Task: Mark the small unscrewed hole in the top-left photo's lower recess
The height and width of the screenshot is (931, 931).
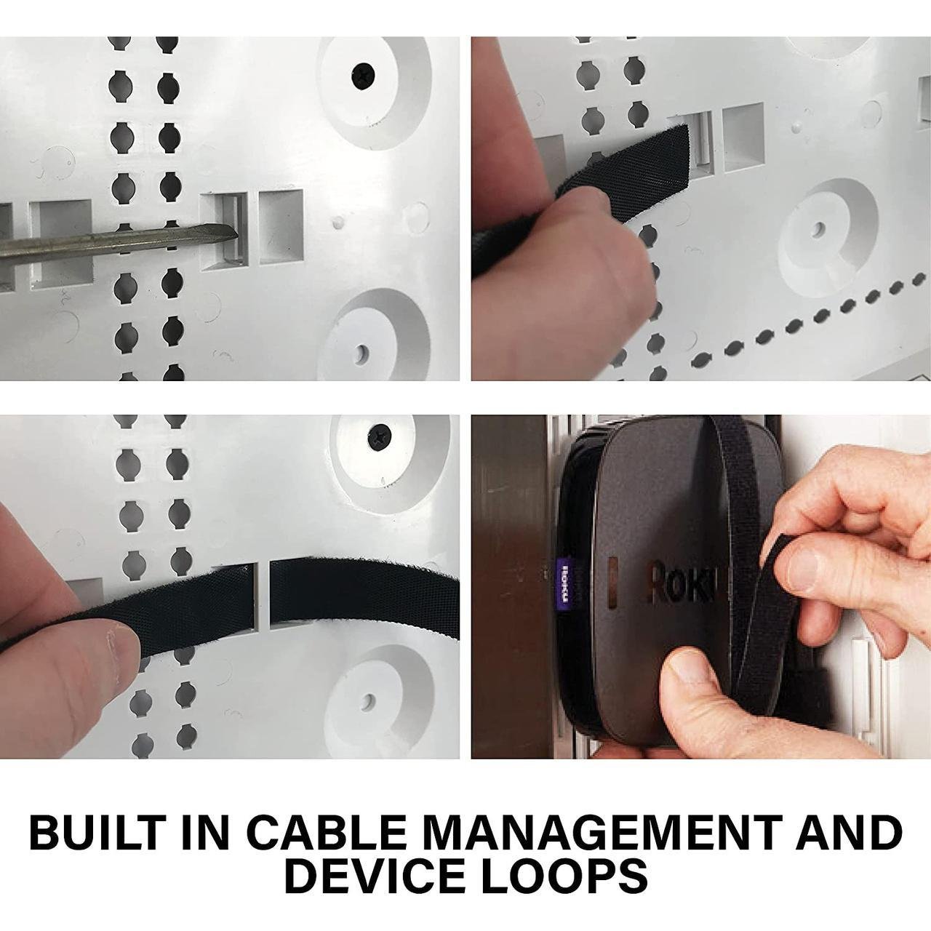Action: pos(361,353)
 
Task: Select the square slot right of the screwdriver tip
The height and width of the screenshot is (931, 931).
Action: pos(281,227)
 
